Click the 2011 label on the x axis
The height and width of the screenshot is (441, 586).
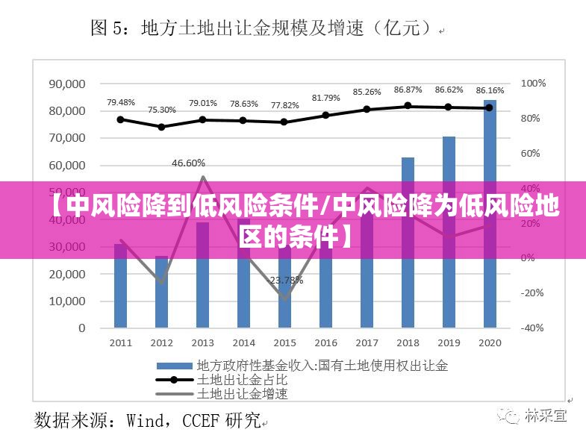click(121, 343)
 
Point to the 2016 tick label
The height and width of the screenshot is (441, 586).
click(325, 343)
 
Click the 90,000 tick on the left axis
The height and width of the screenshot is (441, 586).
click(67, 84)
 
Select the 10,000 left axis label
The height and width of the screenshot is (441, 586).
click(67, 301)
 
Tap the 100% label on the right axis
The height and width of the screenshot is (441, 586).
click(533, 84)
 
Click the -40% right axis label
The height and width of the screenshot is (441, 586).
click(533, 328)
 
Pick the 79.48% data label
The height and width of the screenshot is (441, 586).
click(121, 102)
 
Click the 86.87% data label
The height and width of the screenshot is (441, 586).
click(408, 90)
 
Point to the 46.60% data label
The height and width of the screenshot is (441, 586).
click(188, 163)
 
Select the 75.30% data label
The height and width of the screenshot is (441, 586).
click(162, 110)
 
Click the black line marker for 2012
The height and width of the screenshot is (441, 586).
click(162, 127)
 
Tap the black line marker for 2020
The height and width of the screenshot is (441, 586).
click(490, 107)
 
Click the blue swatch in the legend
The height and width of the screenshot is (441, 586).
click(173, 366)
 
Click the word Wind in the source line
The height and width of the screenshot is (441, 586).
click(149, 420)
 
